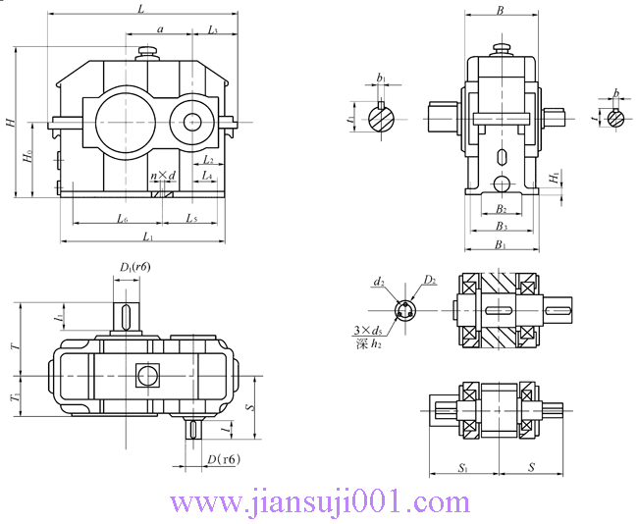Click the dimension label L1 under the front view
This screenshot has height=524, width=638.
(x=147, y=236)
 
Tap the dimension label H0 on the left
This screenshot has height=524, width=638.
(x=27, y=158)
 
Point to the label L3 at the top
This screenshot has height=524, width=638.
(x=213, y=31)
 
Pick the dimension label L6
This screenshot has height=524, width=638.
(x=123, y=218)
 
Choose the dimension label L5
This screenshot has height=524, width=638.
(x=190, y=218)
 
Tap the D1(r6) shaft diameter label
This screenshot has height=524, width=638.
(x=134, y=267)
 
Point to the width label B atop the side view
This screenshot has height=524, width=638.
(x=501, y=11)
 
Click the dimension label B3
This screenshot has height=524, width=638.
(x=501, y=227)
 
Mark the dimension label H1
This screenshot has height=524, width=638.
(x=555, y=177)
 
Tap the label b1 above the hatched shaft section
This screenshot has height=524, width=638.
(x=381, y=78)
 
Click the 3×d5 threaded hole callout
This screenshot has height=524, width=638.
(x=369, y=331)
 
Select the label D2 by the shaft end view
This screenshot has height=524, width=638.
(x=429, y=281)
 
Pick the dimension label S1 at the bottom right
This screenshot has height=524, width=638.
(x=462, y=468)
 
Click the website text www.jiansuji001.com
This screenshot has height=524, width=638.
(x=320, y=502)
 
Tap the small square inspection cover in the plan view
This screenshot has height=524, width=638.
(x=146, y=374)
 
